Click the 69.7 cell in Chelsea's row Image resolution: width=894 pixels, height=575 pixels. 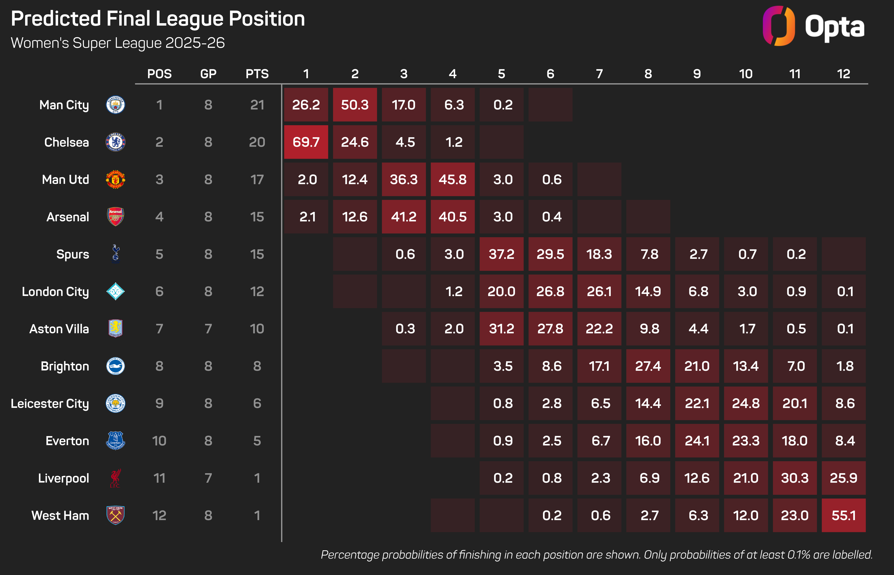click(306, 142)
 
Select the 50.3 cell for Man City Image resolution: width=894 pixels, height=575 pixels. click(355, 105)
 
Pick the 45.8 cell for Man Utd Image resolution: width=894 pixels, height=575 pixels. click(453, 179)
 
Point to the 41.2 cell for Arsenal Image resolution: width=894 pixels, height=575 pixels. click(404, 217)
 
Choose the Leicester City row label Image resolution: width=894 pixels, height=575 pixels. click(50, 403)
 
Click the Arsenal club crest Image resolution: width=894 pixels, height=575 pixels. click(115, 217)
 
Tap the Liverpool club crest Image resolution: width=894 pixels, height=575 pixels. click(115, 478)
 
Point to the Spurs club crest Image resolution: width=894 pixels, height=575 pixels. click(115, 254)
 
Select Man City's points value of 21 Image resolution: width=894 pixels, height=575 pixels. click(257, 105)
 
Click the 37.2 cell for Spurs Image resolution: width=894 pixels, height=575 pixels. click(501, 254)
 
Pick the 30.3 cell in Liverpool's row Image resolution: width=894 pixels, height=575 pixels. click(795, 478)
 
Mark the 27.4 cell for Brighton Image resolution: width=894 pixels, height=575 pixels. click(648, 366)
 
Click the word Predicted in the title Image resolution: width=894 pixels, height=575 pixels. click(56, 19)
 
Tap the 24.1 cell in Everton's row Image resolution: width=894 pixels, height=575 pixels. click(697, 441)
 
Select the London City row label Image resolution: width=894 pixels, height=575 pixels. click(55, 291)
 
